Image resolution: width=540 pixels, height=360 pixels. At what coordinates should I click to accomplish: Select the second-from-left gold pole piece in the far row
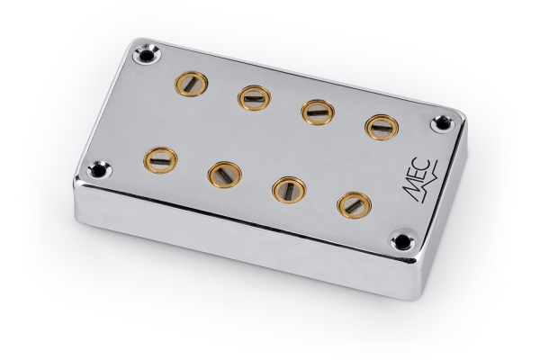click(x=255, y=96)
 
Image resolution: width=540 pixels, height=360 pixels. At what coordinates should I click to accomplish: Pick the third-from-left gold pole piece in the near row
click(x=287, y=189)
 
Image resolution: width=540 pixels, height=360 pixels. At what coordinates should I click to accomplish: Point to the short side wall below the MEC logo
click(x=441, y=216)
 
